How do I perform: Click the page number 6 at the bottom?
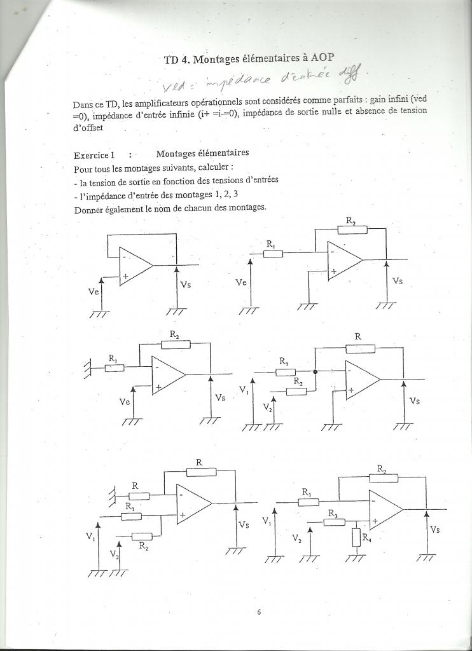pos(259,612)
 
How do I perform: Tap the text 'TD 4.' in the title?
pos(177,60)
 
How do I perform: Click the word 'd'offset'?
pos(88,127)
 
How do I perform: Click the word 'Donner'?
pos(89,209)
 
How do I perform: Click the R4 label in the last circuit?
pos(367,538)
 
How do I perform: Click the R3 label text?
pos(333,512)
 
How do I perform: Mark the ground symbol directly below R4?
pos(355,558)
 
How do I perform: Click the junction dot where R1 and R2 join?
pos(316,371)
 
